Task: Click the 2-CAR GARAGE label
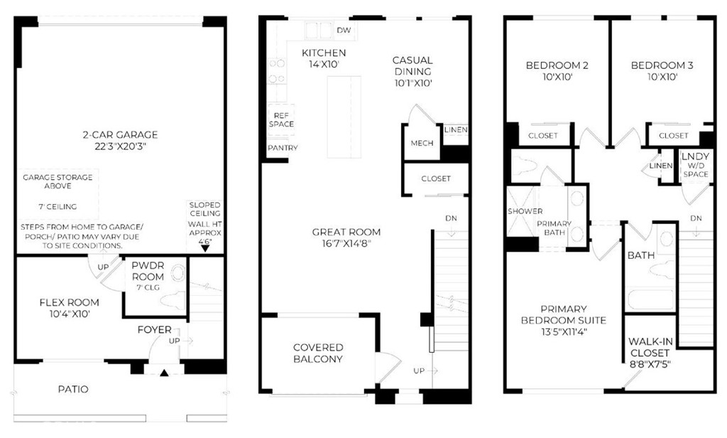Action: (120, 135)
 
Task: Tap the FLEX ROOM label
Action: (69, 302)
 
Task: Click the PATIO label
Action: (73, 389)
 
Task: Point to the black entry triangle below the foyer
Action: (164, 372)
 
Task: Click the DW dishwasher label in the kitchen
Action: (344, 31)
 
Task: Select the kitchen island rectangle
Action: (344, 117)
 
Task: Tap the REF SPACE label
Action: (281, 120)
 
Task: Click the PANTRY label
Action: (283, 148)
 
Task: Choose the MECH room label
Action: (422, 144)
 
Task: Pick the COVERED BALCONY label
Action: (318, 353)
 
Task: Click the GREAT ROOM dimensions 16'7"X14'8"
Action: (346, 243)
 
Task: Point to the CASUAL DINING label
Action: (412, 66)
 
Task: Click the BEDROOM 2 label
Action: (557, 65)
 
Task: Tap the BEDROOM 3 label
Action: (662, 65)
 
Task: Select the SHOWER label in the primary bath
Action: (525, 211)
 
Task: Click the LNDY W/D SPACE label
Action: (696, 166)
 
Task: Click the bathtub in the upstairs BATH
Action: (650, 301)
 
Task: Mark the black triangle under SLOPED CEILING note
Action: (205, 248)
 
